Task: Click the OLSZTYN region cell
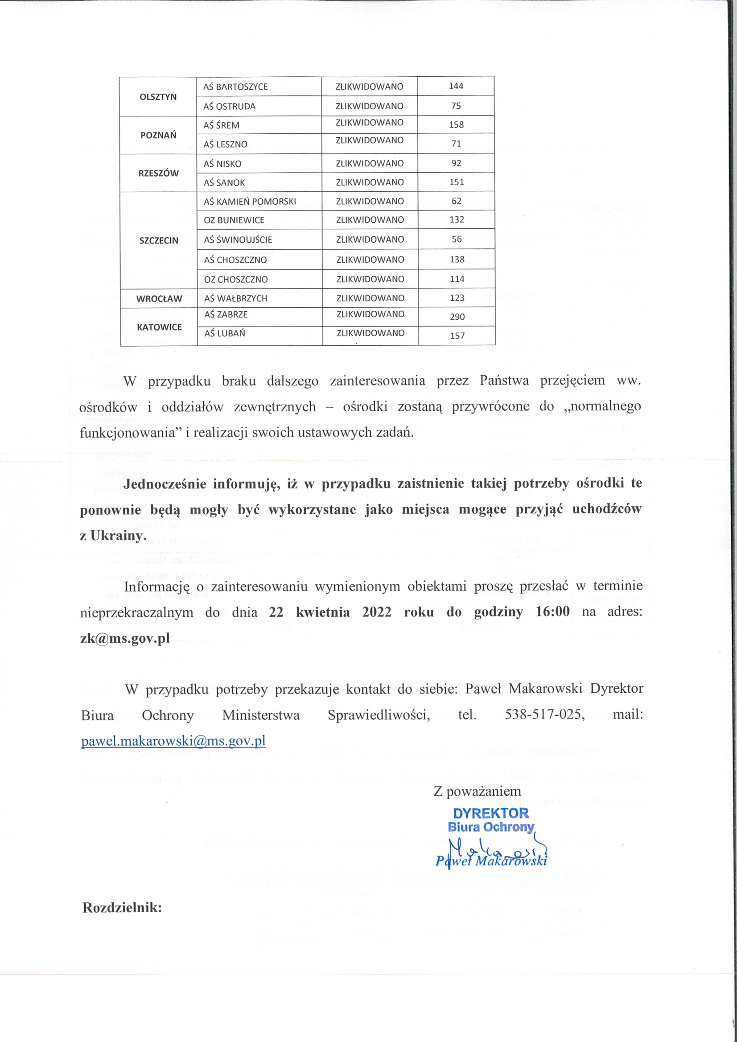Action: [x=158, y=97]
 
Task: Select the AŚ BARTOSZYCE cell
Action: [x=235, y=87]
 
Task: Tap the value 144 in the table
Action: [x=456, y=86]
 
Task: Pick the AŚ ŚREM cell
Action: [x=221, y=125]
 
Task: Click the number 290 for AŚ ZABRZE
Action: [x=457, y=317]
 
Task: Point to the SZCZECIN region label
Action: [x=158, y=240]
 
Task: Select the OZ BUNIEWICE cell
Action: [x=234, y=220]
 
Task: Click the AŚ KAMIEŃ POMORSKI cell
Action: [x=250, y=201]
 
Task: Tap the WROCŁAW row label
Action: [x=159, y=299]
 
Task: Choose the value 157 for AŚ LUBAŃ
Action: [x=457, y=336]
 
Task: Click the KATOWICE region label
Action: [x=159, y=327]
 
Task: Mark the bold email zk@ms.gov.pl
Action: [x=125, y=638]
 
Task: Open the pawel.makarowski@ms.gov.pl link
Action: [x=173, y=741]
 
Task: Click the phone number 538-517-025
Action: [x=544, y=715]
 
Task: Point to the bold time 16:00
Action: [x=552, y=612]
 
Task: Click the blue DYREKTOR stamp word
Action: [x=490, y=813]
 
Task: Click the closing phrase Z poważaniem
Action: [x=477, y=791]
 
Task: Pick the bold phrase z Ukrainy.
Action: [x=113, y=536]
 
